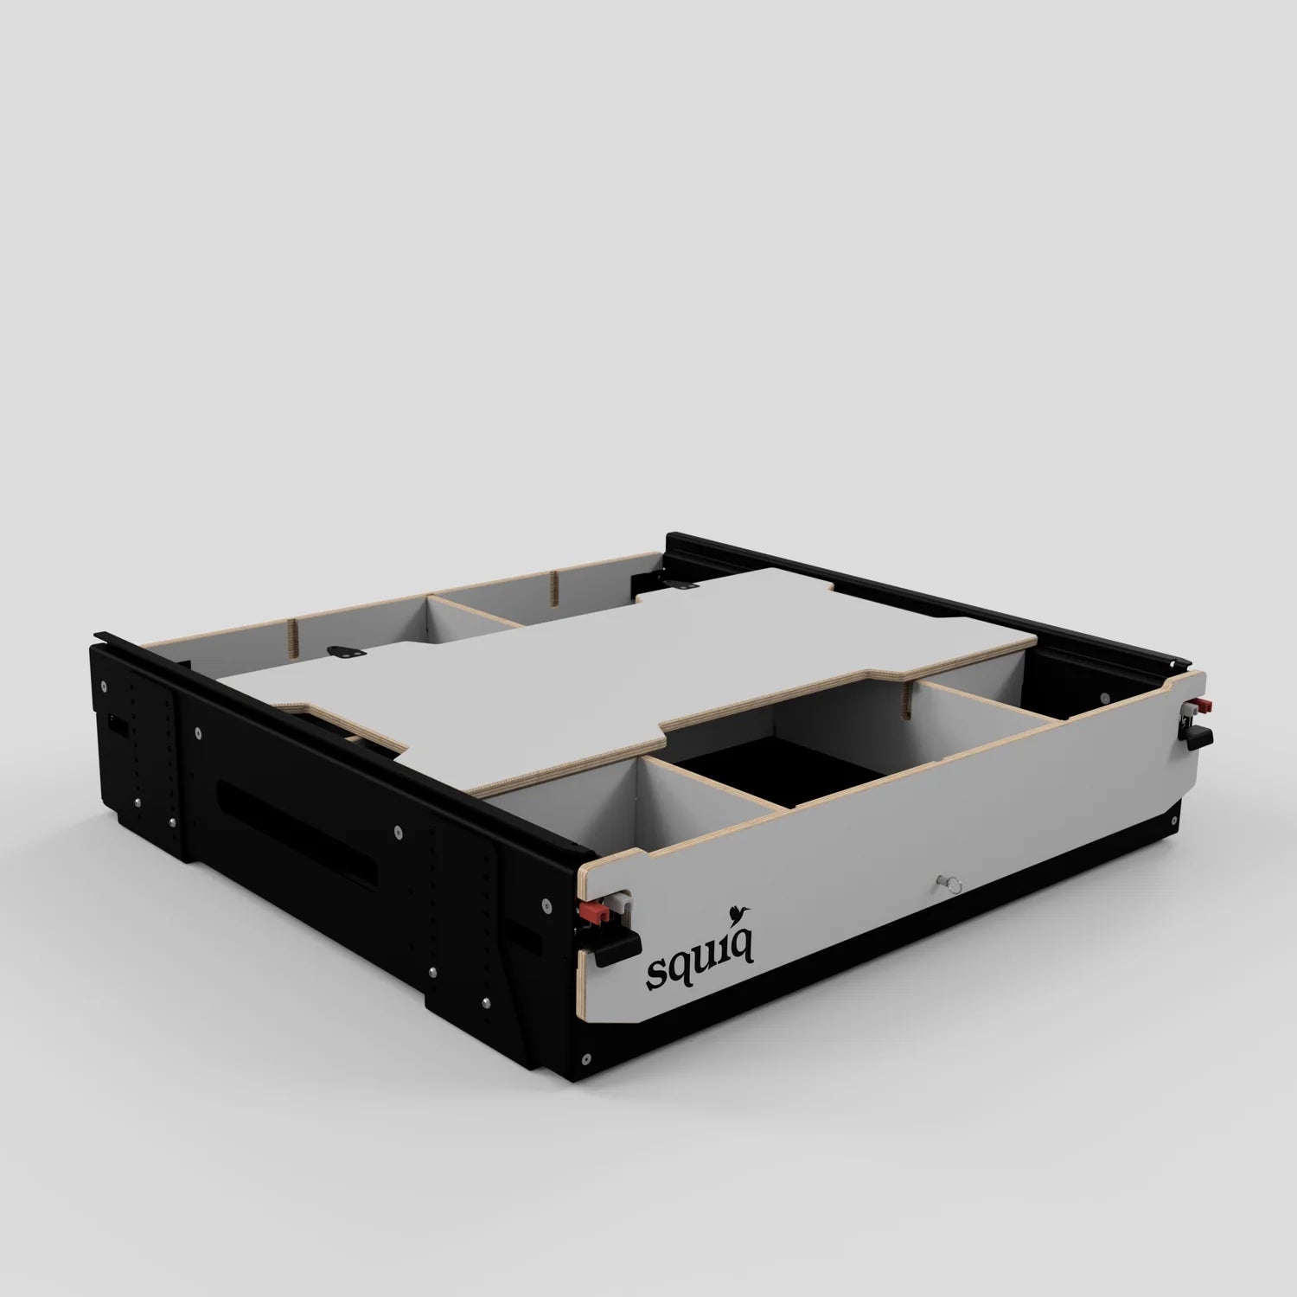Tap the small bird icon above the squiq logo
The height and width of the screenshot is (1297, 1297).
click(739, 910)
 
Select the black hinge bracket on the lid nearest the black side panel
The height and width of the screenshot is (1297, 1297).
click(348, 653)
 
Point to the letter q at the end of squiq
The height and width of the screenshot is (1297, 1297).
click(743, 946)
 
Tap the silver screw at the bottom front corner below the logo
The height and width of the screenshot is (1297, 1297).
click(587, 1057)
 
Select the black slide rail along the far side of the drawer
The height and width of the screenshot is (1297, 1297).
click(951, 597)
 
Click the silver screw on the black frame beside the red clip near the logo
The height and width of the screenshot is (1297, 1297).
click(546, 904)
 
